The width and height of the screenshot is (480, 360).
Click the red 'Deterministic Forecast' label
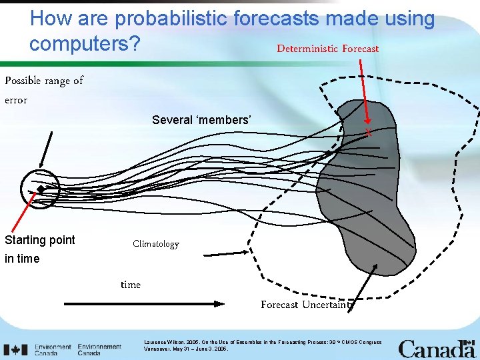tap(327, 49)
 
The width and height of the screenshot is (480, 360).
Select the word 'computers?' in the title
tap(85, 43)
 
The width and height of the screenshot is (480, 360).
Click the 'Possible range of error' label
tap(43, 90)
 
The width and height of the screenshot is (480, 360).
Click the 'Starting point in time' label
tap(39, 249)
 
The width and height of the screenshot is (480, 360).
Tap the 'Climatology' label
tap(155, 244)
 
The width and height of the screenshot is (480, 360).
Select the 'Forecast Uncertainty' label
tap(305, 305)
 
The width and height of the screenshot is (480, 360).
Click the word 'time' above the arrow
tap(131, 285)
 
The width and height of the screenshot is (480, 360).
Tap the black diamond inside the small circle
tap(41, 190)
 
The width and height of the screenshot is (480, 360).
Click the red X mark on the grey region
tap(368, 133)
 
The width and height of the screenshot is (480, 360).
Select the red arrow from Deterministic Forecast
tap(364, 93)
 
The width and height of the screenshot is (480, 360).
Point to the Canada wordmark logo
tap(436, 349)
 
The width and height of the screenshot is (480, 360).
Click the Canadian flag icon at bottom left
tap(15, 349)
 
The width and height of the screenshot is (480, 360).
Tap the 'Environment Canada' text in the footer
tap(53, 349)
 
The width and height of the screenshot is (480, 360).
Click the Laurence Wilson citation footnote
tap(263, 345)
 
